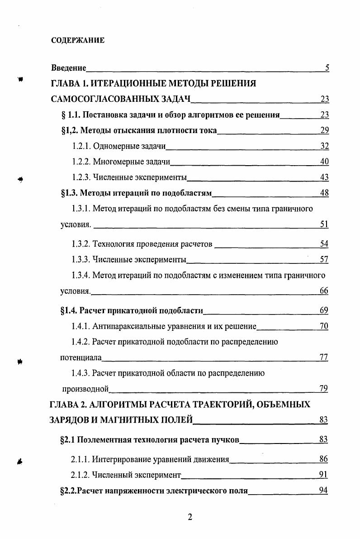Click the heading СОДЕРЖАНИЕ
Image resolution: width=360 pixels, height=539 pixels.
tap(77, 40)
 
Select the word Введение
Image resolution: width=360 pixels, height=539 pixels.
tap(68, 68)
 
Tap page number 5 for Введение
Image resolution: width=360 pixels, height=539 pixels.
tap(327, 68)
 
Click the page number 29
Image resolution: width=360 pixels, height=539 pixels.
tap(324, 131)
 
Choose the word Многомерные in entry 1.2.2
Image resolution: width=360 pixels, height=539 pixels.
tap(114, 162)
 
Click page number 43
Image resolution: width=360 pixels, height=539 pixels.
tap(324, 177)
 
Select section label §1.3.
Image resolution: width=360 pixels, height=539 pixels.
tap(69, 193)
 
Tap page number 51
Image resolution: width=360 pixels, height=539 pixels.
tap(324, 224)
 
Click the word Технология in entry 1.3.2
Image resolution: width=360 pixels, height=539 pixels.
tap(112, 244)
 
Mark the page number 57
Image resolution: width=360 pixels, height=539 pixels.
tap(324, 259)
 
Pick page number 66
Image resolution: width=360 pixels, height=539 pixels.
tap(324, 291)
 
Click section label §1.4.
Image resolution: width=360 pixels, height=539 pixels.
tap(69, 310)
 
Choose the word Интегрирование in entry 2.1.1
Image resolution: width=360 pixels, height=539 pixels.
tap(119, 459)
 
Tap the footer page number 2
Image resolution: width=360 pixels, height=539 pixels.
tap(190, 518)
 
